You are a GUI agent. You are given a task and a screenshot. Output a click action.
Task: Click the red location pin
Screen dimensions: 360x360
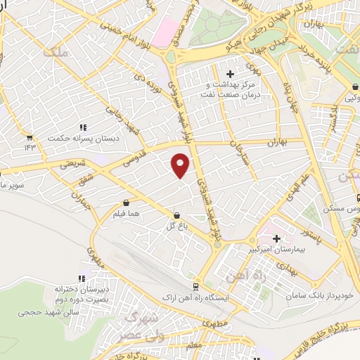181,165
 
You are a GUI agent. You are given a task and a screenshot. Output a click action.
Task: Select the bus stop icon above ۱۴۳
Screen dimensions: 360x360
30,138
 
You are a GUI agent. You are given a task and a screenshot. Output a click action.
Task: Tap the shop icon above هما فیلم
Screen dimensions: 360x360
126,202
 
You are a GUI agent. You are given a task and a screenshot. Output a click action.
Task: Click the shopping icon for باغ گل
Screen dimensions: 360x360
176,215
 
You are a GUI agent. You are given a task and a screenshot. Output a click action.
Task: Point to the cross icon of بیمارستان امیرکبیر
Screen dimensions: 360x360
276,239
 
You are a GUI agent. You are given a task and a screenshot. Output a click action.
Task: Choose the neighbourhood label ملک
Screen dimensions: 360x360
54,50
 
